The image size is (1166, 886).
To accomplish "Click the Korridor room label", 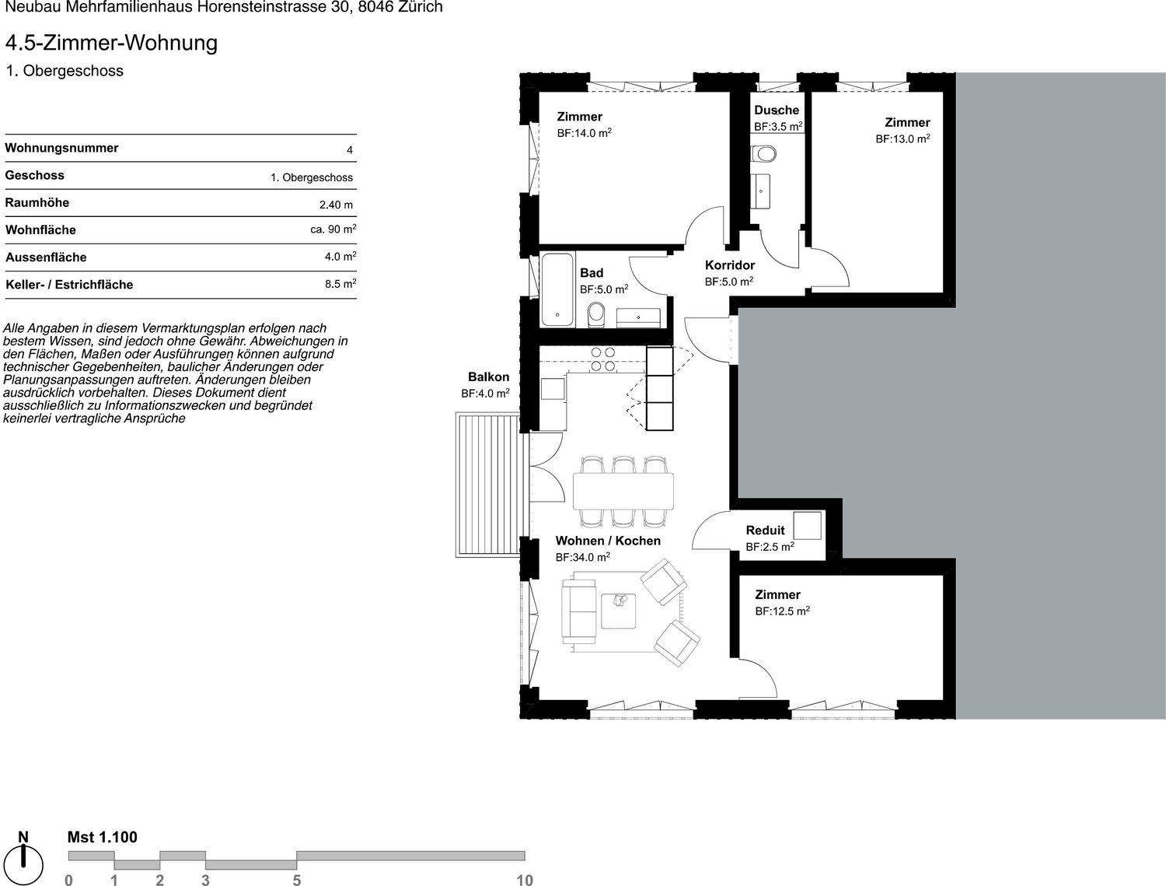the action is (729, 264).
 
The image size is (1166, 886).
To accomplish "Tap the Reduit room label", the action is (765, 530).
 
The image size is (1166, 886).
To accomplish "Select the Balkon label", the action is (488, 376).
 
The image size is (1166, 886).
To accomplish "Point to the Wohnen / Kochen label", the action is (608, 541).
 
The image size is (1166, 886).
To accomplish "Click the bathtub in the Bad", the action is (557, 289).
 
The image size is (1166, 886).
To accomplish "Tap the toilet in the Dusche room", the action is (764, 154).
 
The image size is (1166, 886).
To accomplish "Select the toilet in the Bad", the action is (596, 313).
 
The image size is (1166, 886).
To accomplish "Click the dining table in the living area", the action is (623, 491).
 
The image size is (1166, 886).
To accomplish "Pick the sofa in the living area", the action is (579, 611).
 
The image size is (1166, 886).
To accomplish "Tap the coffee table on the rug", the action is (619, 611).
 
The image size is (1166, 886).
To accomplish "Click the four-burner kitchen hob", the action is (603, 359).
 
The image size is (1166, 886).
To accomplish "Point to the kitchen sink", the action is (553, 388).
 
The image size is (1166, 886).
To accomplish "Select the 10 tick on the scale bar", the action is (524, 879).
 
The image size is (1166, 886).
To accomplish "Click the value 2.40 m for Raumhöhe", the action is (336, 205).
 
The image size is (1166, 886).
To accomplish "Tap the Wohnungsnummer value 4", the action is (350, 150).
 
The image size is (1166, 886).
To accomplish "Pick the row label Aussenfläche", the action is (46, 257).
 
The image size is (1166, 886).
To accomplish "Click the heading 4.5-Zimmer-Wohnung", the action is (112, 43).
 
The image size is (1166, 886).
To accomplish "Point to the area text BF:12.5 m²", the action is (783, 611).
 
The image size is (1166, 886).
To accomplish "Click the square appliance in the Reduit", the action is (807, 526).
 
